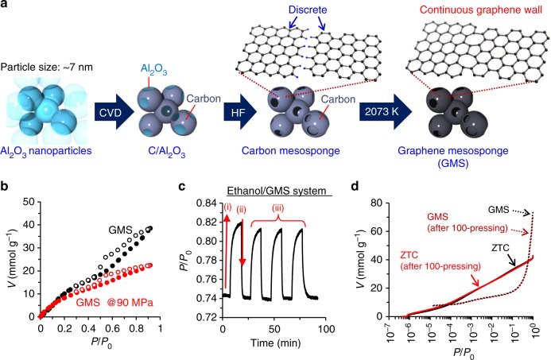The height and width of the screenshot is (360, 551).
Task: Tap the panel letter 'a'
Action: (6, 7)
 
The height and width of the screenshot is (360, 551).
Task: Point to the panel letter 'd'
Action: (373, 188)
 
